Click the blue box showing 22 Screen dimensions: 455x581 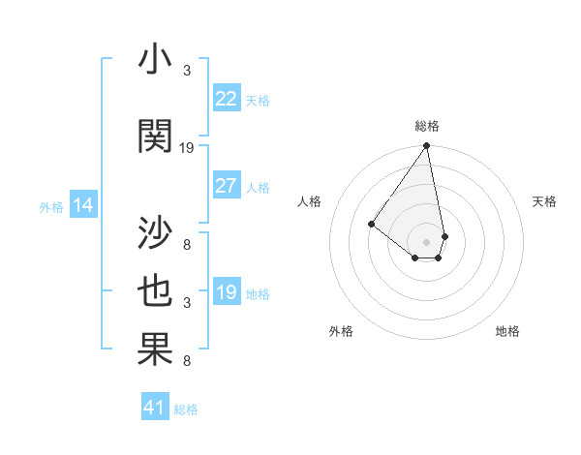(x=227, y=99)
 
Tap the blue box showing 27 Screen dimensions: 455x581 (x=227, y=186)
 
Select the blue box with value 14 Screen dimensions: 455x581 (x=83, y=205)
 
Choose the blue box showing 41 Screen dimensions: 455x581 (x=155, y=408)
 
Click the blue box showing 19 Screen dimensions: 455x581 (x=227, y=292)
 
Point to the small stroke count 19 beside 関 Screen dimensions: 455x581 (x=187, y=148)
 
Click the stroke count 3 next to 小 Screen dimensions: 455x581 (x=187, y=70)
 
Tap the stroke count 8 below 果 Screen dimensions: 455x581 (x=187, y=361)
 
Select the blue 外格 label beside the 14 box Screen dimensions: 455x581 (x=51, y=206)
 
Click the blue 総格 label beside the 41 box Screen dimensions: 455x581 (x=186, y=409)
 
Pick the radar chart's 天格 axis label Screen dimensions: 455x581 (x=545, y=201)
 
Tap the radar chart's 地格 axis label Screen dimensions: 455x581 (x=507, y=331)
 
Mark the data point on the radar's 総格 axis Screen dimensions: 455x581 (x=426, y=146)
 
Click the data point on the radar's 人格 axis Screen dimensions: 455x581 (x=371, y=224)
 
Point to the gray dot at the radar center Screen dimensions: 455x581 (x=426, y=241)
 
